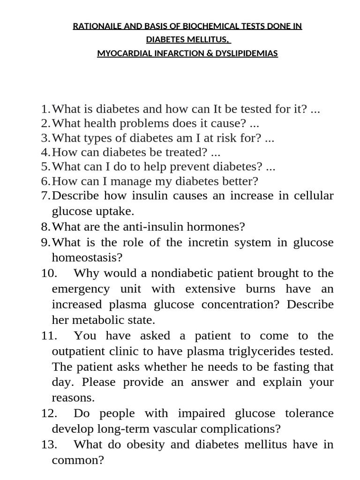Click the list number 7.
coord(45,195)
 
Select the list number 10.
coord(49,273)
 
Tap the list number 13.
coord(49,444)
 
